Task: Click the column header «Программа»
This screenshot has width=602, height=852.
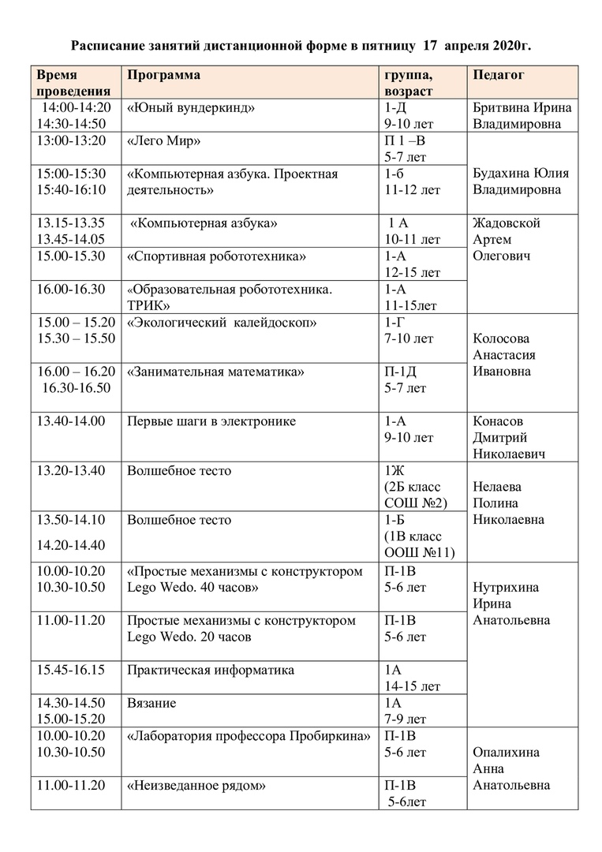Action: (x=163, y=75)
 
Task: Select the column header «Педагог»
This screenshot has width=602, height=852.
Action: (x=499, y=75)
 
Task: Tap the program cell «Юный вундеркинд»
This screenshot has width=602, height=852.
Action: (x=191, y=108)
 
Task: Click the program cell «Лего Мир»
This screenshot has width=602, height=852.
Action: (x=164, y=141)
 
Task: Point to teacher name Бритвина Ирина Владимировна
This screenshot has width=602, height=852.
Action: (x=522, y=116)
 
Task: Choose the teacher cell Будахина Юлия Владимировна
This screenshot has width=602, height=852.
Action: (x=522, y=181)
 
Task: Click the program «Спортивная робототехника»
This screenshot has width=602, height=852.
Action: (x=216, y=256)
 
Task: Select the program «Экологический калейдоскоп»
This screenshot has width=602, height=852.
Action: (x=222, y=323)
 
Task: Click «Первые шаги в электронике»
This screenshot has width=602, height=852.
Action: (x=211, y=421)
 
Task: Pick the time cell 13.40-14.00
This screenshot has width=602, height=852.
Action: (x=71, y=421)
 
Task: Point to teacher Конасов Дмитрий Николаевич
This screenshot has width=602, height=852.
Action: (x=509, y=438)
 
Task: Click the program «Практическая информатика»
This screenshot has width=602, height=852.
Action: (x=211, y=670)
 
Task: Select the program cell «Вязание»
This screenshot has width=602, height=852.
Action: (x=151, y=703)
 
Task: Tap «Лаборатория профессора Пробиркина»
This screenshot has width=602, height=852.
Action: (x=249, y=736)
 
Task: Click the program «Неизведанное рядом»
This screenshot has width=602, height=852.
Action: (x=196, y=785)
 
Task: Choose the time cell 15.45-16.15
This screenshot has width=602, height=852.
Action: (x=71, y=670)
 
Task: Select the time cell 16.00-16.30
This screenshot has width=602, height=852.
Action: (x=71, y=289)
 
